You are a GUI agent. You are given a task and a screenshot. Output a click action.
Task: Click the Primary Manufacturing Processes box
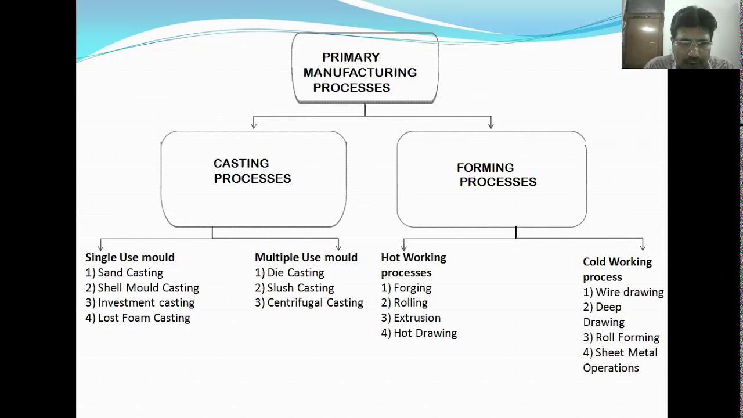(x=365, y=69)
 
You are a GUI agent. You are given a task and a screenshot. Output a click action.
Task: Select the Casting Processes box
(x=254, y=178)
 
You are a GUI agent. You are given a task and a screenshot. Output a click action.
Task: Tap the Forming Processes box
(x=492, y=178)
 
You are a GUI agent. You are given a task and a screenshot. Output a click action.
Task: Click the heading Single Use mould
(x=130, y=257)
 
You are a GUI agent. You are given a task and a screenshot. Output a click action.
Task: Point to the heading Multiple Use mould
(x=306, y=257)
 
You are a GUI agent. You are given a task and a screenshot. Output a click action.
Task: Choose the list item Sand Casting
(x=124, y=272)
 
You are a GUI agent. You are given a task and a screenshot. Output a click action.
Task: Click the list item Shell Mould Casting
(x=142, y=287)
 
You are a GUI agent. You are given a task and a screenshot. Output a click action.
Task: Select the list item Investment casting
(x=140, y=302)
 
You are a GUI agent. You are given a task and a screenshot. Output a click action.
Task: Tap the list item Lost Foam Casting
(x=138, y=318)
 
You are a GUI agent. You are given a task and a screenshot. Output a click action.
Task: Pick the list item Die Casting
(x=290, y=272)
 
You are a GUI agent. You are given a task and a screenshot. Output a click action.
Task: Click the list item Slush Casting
(x=294, y=287)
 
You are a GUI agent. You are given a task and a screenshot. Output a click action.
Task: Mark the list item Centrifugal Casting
(x=309, y=302)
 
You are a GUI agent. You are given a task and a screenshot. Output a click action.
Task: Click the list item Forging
(x=406, y=287)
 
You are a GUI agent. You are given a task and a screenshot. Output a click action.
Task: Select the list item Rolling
(x=405, y=302)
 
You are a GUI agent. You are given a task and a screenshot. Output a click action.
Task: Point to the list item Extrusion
(x=411, y=318)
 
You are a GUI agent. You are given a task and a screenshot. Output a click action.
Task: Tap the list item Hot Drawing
(x=419, y=333)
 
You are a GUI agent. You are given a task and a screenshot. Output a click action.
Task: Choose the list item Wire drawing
(x=623, y=292)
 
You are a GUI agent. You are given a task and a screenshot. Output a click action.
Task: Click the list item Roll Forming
(x=621, y=337)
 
